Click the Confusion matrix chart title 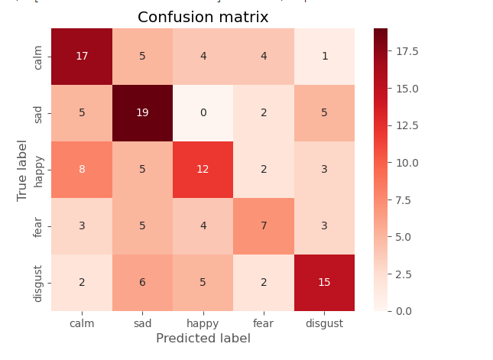coord(203,17)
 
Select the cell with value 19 coord(142,113)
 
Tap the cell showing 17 coord(82,57)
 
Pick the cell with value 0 coord(203,113)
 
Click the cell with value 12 coord(203,170)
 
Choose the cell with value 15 coord(324,283)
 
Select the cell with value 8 coord(82,170)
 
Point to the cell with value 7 coord(264,226)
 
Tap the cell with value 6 coord(142,283)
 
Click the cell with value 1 coord(324,57)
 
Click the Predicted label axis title coord(203,338)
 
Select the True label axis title coord(22,170)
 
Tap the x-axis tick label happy coord(203,323)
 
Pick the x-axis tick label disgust coord(324,323)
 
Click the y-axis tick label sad coord(38,113)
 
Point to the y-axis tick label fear coord(38,226)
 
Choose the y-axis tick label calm coord(38,57)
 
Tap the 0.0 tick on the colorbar coord(405,311)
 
